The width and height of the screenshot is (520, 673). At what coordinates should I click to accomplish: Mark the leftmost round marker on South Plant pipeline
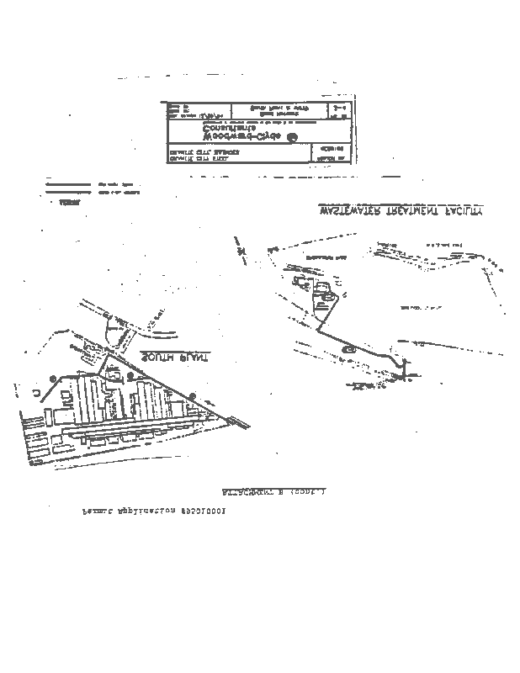(52, 376)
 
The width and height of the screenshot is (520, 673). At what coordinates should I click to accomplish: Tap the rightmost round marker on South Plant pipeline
(192, 395)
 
